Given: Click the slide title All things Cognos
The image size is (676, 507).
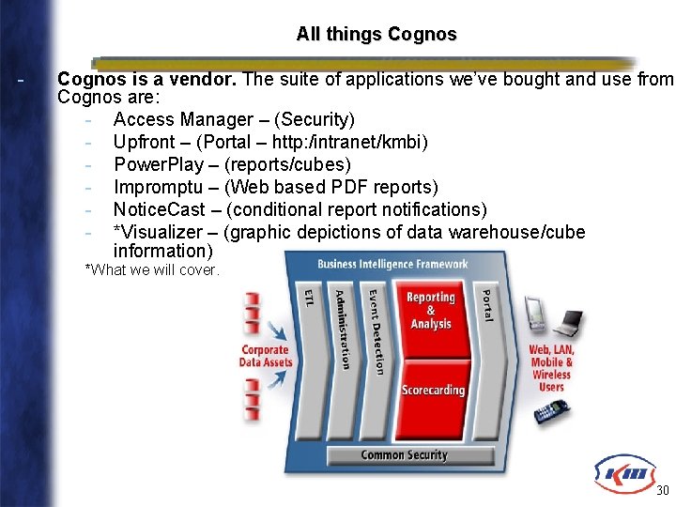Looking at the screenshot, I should point(376,35).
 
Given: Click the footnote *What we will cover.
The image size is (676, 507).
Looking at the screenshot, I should point(152,270).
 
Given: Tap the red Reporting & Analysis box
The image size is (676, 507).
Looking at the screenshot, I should point(430,311).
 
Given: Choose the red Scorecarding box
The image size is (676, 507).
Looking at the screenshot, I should point(433,390).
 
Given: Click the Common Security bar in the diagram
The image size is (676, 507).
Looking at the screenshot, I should point(405,455).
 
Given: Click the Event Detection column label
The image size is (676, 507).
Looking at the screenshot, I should point(376,330).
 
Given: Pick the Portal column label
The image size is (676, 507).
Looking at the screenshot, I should point(486,304).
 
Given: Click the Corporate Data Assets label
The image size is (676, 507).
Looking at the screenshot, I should point(266,356).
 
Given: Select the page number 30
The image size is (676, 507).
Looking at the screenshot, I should point(662,491).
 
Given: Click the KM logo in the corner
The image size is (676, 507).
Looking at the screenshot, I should point(621,473).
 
